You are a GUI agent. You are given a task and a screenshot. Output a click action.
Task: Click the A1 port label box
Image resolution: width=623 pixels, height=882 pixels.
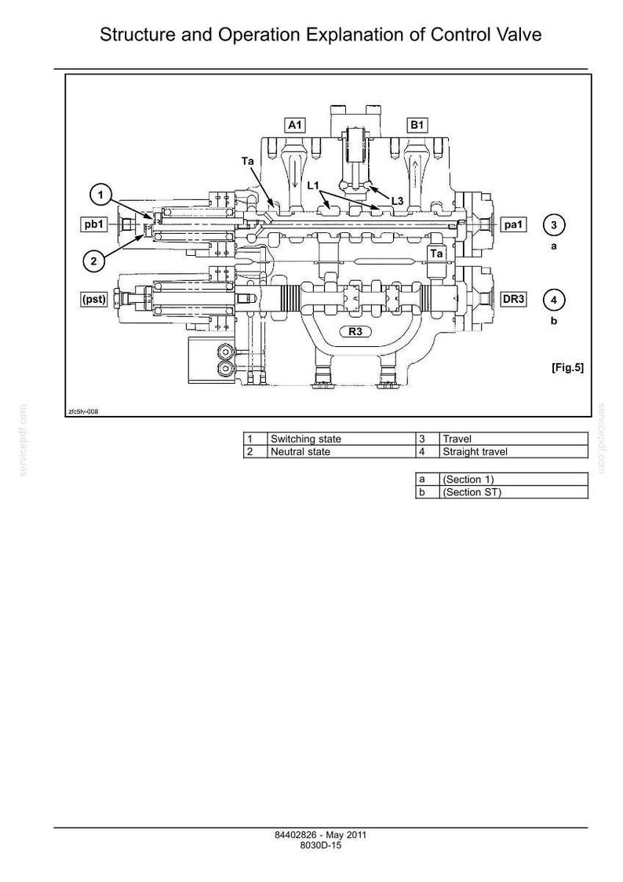pos(295,125)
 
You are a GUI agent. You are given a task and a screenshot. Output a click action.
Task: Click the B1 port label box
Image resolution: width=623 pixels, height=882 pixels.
pos(417,125)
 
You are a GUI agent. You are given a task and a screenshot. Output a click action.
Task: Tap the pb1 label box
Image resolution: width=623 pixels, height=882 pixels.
pos(94,224)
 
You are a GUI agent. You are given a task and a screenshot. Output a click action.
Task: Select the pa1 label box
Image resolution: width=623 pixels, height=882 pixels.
pos(513,224)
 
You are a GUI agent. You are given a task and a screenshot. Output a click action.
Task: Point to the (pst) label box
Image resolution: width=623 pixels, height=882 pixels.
pos(94,299)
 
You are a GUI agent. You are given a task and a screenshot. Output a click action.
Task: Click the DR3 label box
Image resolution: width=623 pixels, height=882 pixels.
pos(513,299)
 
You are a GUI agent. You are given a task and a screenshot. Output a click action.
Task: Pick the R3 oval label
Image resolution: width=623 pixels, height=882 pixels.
pos(355,331)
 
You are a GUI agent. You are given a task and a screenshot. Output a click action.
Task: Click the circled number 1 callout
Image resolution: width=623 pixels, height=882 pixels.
pos(100,195)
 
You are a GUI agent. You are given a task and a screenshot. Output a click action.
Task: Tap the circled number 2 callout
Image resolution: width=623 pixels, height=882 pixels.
pos(94,261)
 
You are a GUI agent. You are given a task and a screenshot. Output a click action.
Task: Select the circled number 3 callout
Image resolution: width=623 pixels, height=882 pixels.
pos(554,225)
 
